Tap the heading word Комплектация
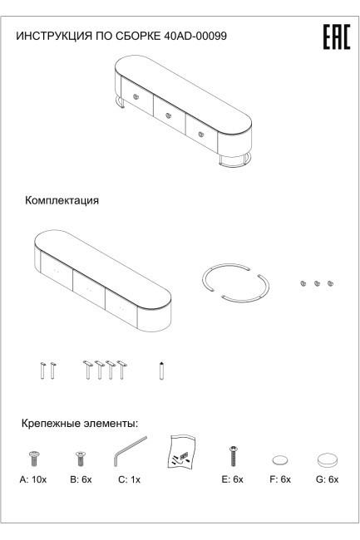pyautogui.click(x=62, y=201)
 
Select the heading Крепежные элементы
pyautogui.click(x=79, y=424)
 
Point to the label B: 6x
pyautogui.click(x=80, y=481)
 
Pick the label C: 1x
pyautogui.click(x=127, y=481)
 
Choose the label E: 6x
pyautogui.click(x=234, y=481)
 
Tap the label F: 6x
pyautogui.click(x=280, y=481)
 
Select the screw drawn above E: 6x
pyautogui.click(x=234, y=454)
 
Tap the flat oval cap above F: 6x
pyautogui.click(x=280, y=459)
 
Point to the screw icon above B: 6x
pyautogui.click(x=81, y=456)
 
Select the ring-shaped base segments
pyautogui.click(x=236, y=286)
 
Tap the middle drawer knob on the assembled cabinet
pyautogui.click(x=168, y=116)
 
